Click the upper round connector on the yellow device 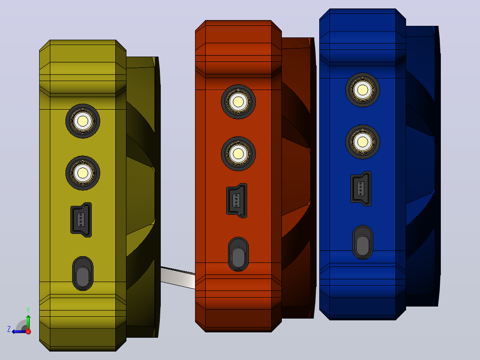(83, 121)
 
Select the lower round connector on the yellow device (83, 173)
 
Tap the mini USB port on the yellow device (81, 220)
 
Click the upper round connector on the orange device (238, 102)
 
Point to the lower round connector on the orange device (238, 154)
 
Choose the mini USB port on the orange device (236, 200)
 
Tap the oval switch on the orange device (238, 254)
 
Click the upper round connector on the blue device (363, 90)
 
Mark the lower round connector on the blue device (363, 142)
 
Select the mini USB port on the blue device (361, 189)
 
